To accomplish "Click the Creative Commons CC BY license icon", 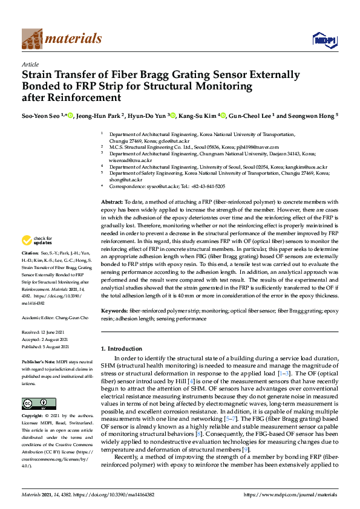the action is pyautogui.click(x=35, y=404).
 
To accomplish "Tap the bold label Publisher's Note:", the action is pyautogui.click(x=38, y=361).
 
